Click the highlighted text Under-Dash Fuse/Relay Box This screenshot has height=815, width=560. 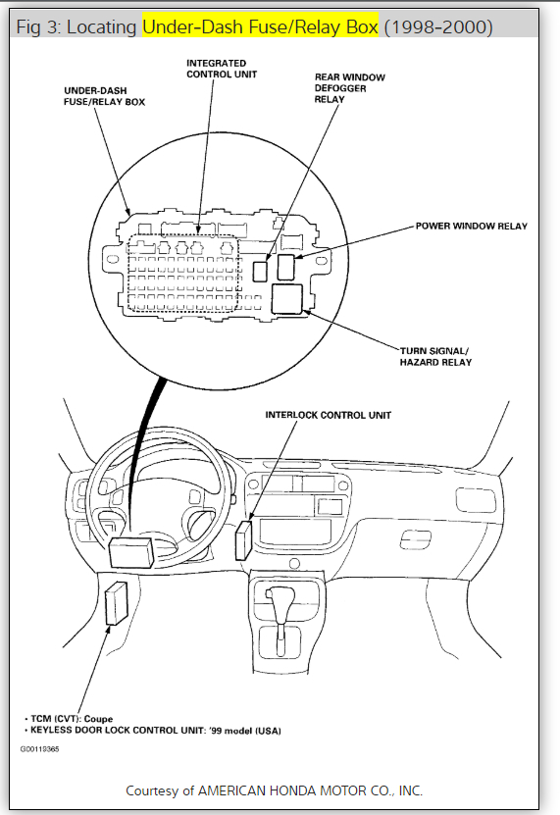tap(260, 26)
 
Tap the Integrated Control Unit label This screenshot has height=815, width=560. tap(222, 69)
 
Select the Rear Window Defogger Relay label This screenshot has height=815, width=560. tap(349, 88)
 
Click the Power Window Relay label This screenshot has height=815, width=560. tap(471, 227)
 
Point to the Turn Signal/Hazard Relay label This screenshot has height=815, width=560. tap(435, 357)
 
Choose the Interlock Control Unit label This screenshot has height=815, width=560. tap(329, 415)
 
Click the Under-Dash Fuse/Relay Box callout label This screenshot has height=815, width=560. tap(104, 96)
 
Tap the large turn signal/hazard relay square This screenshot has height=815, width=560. tap(286, 299)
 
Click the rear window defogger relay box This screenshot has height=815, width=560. tap(260, 271)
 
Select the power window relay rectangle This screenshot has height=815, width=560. tap(286, 267)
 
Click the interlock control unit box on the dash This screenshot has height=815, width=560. tap(243, 539)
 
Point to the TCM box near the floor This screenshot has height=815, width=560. tap(116, 603)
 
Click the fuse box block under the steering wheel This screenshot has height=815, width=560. tap(131, 552)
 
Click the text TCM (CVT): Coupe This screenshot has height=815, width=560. tap(72, 719)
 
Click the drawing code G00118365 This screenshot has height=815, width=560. tap(39, 749)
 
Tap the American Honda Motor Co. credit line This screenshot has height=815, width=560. tap(274, 790)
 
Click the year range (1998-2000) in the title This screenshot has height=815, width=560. tap(438, 26)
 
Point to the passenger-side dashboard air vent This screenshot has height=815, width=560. tap(476, 500)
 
